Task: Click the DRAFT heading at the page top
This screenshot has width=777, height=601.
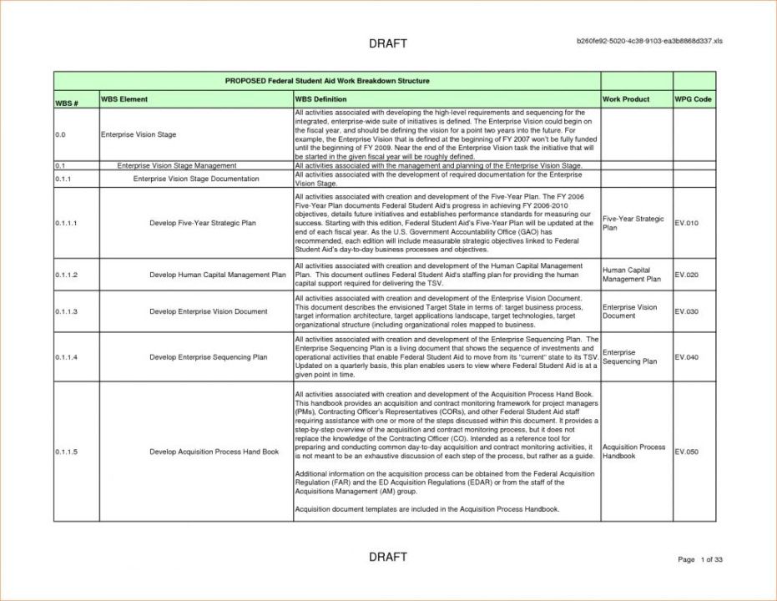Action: pos(387,43)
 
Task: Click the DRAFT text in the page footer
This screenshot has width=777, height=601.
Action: pos(387,557)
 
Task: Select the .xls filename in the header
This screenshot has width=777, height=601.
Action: pos(650,41)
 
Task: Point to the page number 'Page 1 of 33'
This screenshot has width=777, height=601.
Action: pos(699,559)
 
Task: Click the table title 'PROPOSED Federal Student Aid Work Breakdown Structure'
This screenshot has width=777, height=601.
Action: pos(327,81)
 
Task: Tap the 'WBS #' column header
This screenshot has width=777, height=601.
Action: pos(66,103)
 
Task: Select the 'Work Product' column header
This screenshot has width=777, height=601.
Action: pos(625,99)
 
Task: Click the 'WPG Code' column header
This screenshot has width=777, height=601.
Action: pos(693,99)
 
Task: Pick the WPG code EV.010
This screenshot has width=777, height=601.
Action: pos(686,224)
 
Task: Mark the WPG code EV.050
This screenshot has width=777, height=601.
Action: pos(686,452)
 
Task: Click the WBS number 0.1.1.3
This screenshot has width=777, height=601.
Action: pos(66,311)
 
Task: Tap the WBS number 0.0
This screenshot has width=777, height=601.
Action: pos(60,134)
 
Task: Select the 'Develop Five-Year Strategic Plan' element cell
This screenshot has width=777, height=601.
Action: pos(203,224)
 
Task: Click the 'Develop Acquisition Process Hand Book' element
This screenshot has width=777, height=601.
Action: pos(214,452)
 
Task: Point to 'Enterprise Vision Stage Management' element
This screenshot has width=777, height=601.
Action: pos(177,166)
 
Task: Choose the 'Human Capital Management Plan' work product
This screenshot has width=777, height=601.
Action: pos(631,275)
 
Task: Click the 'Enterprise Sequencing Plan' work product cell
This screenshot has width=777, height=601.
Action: pos(629,357)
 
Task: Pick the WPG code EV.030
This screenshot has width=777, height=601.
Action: pos(686,311)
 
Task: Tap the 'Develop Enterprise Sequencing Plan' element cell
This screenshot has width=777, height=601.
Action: pos(208,357)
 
